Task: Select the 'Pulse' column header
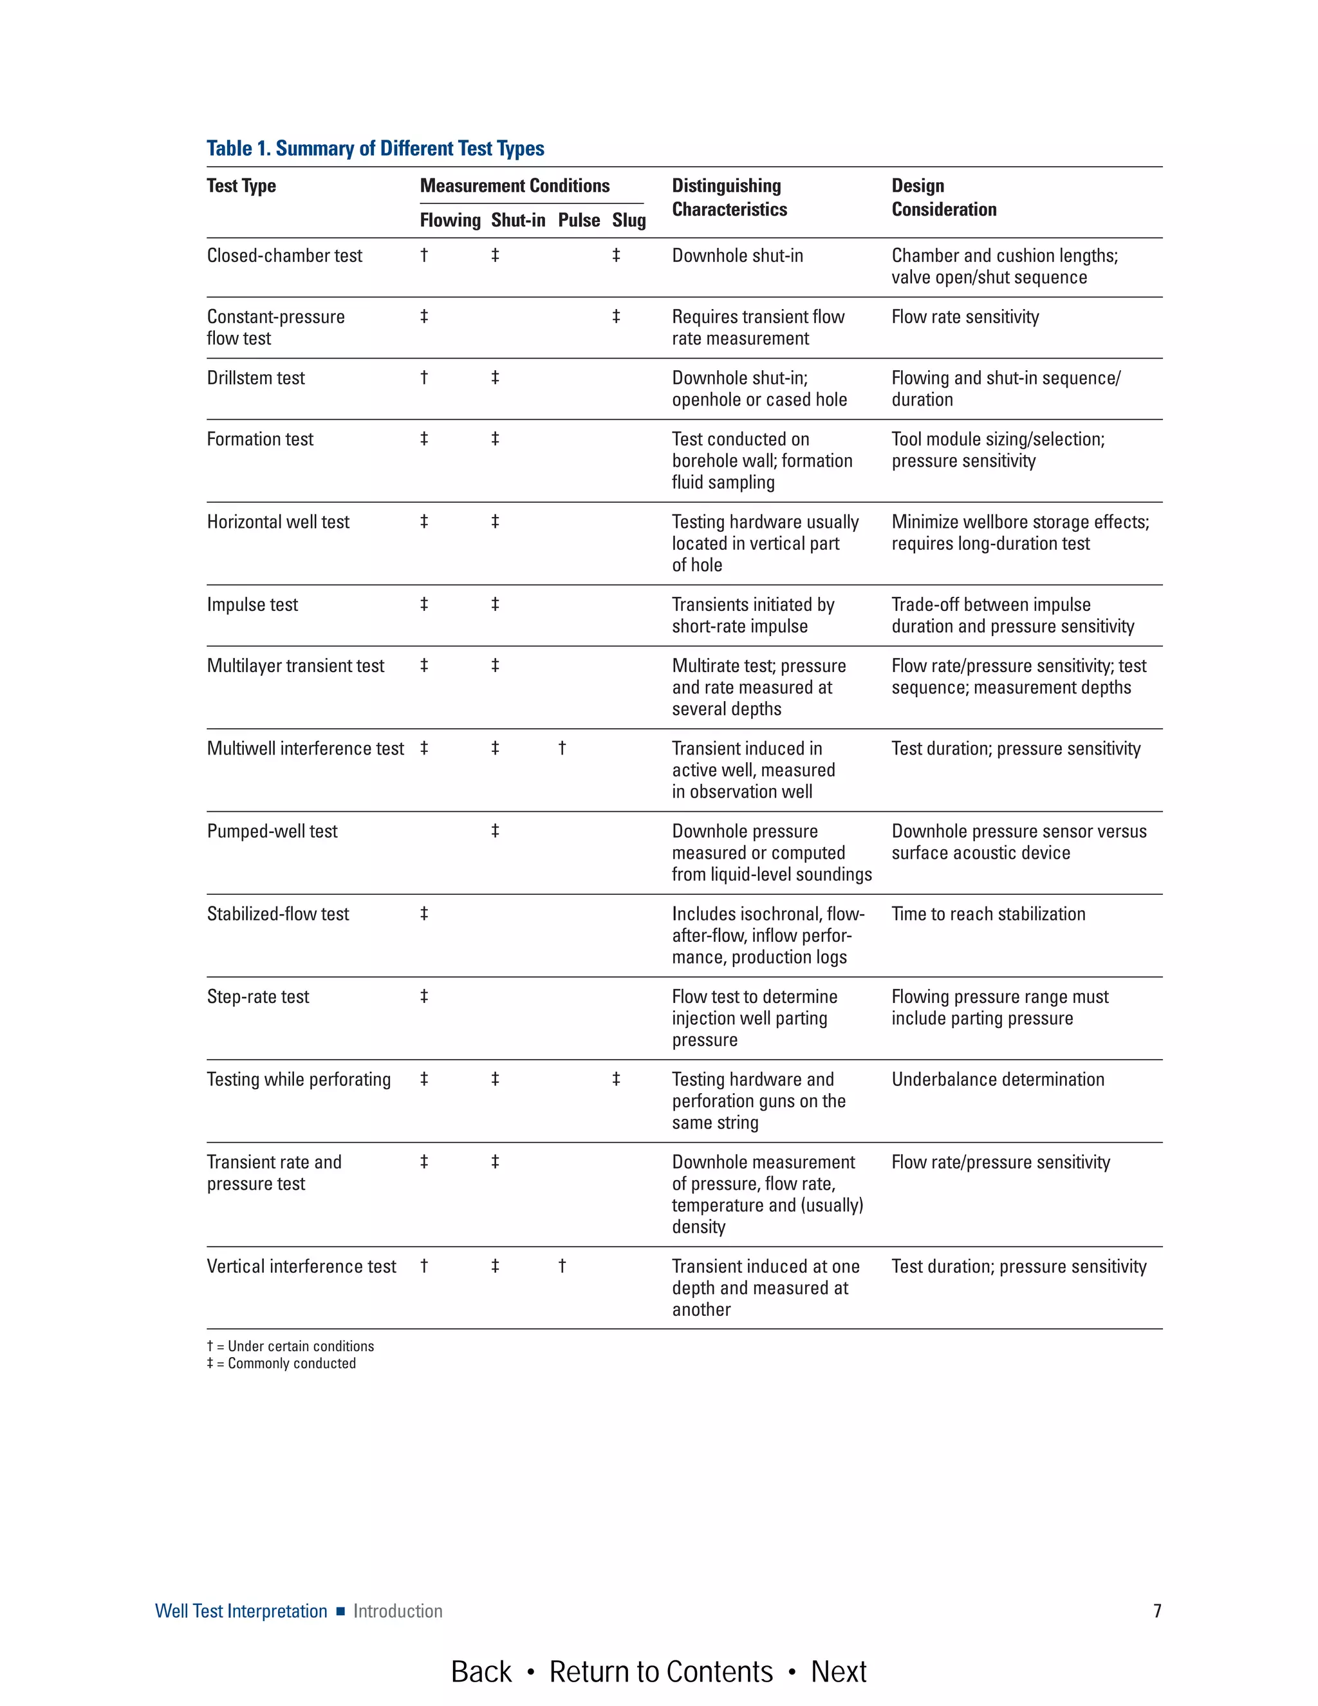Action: point(579,220)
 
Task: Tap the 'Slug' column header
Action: point(629,220)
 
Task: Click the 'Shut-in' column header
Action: point(517,220)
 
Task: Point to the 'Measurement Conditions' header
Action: point(515,186)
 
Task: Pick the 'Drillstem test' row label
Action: point(256,378)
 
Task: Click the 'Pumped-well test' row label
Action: point(272,831)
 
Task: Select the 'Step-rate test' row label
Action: point(257,997)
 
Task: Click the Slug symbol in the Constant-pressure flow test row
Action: point(616,316)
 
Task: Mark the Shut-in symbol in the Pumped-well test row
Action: point(495,831)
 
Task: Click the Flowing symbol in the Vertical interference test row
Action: point(424,1266)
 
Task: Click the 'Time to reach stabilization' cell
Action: point(988,914)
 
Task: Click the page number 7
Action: point(1157,1611)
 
